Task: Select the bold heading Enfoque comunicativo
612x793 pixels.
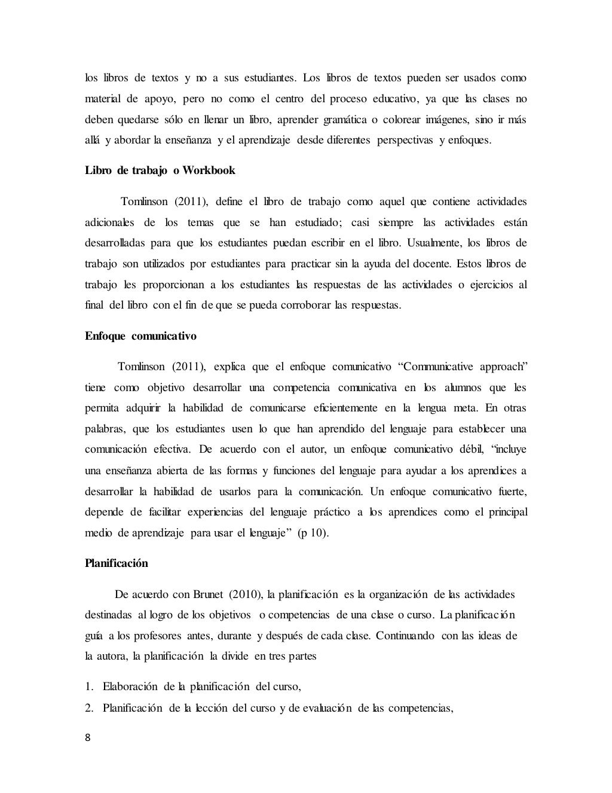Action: click(x=140, y=336)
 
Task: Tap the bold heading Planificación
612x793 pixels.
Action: click(x=117, y=563)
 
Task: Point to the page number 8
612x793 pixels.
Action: click(x=88, y=737)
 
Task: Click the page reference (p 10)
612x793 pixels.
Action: click(x=313, y=533)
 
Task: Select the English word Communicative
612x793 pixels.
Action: click(x=439, y=367)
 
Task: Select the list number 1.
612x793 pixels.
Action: click(x=88, y=687)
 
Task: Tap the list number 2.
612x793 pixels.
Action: click(x=88, y=709)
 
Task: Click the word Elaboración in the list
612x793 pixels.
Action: click(x=130, y=687)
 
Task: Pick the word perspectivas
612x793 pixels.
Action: click(x=404, y=141)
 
